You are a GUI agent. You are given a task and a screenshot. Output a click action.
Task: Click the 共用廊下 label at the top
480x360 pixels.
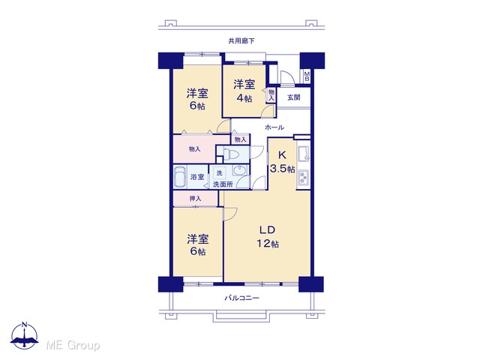pyautogui.click(x=241, y=40)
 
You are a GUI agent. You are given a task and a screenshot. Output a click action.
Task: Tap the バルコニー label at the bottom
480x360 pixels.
pyautogui.click(x=241, y=298)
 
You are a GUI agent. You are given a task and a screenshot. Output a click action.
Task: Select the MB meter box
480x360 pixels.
pyautogui.click(x=307, y=76)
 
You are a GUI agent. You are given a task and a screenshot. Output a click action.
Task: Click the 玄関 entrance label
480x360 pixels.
pyautogui.click(x=293, y=97)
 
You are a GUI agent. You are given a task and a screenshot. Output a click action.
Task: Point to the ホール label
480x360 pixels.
pyautogui.click(x=274, y=127)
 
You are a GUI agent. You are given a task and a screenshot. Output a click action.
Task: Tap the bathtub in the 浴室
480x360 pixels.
pyautogui.click(x=179, y=177)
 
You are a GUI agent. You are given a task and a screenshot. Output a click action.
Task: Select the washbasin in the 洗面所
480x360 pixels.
pyautogui.click(x=239, y=170)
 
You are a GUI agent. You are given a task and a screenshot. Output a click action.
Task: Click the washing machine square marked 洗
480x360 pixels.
pyautogui.click(x=220, y=173)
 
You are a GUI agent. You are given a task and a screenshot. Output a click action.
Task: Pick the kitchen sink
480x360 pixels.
pyautogui.click(x=304, y=154)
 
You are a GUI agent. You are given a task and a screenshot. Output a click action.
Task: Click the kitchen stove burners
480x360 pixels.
pyautogui.click(x=304, y=178)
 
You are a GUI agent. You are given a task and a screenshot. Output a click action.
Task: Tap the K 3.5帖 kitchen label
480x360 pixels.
pyautogui.click(x=282, y=162)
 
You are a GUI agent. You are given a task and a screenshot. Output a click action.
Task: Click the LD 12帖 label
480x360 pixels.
pyautogui.click(x=268, y=236)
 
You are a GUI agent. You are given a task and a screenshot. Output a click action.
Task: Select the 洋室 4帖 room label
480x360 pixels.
pyautogui.click(x=244, y=91)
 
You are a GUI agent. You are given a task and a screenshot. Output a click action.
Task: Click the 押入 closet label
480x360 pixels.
pyautogui.click(x=195, y=199)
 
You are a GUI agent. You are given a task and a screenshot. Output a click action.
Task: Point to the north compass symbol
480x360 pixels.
pyautogui.click(x=25, y=335)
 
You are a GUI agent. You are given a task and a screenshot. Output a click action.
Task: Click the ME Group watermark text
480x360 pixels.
pyautogui.click(x=73, y=345)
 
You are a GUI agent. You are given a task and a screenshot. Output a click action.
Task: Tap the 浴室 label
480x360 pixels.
pyautogui.click(x=197, y=177)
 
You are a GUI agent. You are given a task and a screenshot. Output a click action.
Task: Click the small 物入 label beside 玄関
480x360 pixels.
pyautogui.click(x=271, y=94)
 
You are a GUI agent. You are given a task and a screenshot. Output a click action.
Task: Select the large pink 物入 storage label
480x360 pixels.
pyautogui.click(x=195, y=149)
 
